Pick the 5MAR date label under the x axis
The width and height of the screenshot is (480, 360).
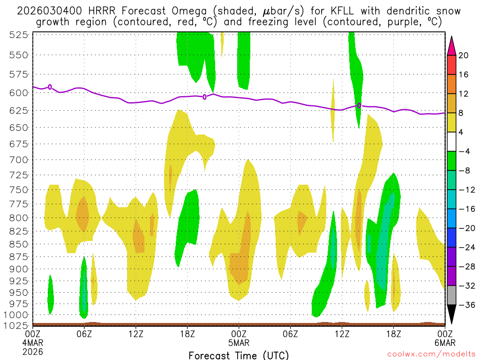(239, 343)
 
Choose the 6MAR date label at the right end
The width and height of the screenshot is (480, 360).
(444, 343)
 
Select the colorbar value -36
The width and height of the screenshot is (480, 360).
(465, 305)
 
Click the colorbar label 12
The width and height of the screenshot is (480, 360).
(464, 94)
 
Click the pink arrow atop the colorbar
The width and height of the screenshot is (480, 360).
(451, 45)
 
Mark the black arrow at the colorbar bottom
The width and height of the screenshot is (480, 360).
(451, 315)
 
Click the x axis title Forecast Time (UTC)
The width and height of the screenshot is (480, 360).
(239, 355)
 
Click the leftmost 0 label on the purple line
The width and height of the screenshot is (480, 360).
(50, 87)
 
